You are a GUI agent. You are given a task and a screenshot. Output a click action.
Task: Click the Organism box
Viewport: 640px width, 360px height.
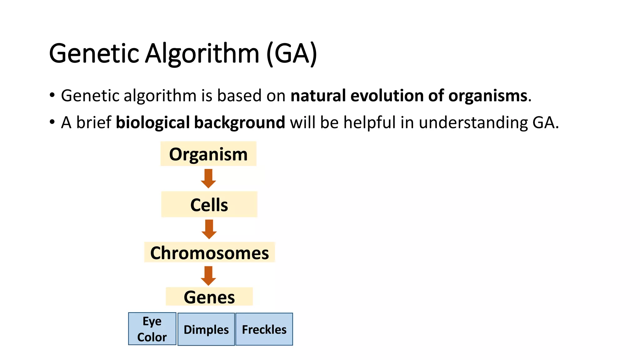coord(208,154)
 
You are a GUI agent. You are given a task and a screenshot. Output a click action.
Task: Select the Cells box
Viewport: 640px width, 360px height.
coord(209,204)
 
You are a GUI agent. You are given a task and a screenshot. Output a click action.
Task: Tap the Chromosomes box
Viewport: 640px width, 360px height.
coord(209,252)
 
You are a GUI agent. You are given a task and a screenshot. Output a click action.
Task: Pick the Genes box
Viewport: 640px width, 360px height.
coord(209,297)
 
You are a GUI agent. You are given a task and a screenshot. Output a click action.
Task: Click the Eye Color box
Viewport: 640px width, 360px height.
coord(152,329)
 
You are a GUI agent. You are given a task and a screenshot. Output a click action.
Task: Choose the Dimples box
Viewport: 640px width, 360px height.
coord(206,329)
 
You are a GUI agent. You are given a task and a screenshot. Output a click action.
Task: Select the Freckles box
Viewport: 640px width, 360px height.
coord(264,329)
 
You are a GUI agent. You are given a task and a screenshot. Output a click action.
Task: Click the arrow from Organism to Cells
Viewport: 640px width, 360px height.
coord(208,178)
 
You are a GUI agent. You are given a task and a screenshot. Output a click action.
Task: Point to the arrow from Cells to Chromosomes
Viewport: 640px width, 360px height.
coord(209,229)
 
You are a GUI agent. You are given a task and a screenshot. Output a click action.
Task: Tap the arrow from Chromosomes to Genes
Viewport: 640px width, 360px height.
coord(208,276)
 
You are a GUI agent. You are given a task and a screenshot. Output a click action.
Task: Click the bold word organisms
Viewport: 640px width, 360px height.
coord(488,95)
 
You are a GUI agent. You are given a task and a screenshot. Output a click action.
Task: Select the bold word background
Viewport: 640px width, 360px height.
coord(239,122)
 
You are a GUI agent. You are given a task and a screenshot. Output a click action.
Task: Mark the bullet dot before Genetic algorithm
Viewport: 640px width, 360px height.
coord(52,95)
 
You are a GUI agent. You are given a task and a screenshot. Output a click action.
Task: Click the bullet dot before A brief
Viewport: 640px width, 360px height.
coord(52,122)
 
